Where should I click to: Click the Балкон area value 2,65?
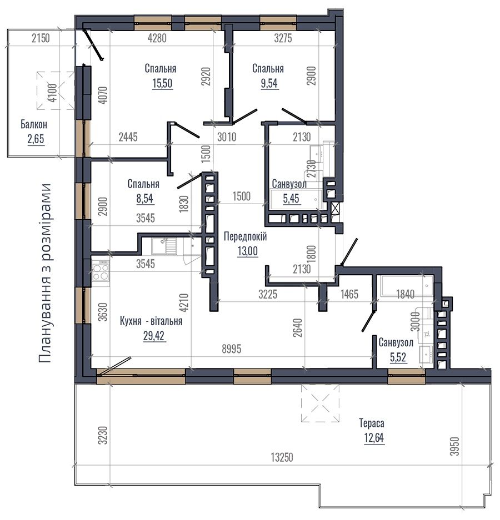coord(36,139)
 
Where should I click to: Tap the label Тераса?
coord(372,423)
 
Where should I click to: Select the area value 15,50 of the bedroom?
coord(162,83)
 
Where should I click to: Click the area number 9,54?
coord(269,83)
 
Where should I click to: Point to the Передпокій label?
coord(246,237)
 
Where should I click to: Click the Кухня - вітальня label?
coord(151,321)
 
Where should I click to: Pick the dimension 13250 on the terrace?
coord(282,458)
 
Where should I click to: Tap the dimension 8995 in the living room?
coord(232,349)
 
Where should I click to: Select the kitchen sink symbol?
coord(164,246)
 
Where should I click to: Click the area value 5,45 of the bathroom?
coord(291,198)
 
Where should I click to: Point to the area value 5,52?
coord(398,357)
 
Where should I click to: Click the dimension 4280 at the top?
coord(157,38)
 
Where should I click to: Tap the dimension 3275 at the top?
coord(283,38)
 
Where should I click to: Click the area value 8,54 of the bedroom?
coord(144,198)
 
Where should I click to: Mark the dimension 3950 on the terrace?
coord(455,446)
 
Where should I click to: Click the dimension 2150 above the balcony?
coord(41,38)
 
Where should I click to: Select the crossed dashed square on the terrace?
coord(321,403)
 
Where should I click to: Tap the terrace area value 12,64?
coord(374,438)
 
